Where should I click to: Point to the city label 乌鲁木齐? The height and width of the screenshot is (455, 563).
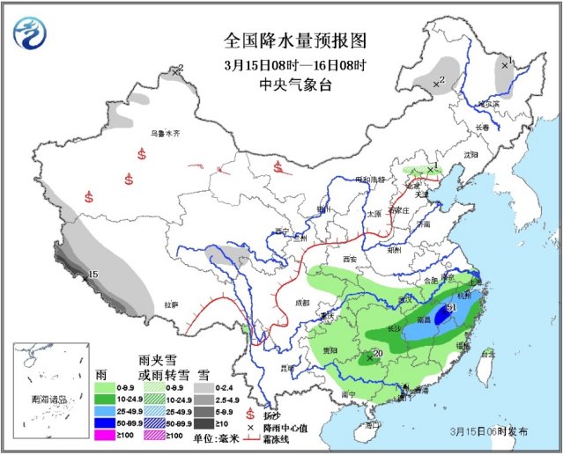coord(164,133)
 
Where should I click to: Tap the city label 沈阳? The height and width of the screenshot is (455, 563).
coord(470,154)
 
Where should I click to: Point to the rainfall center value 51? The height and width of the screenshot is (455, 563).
coord(451,307)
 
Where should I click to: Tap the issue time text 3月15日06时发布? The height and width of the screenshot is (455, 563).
coord(489,431)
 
